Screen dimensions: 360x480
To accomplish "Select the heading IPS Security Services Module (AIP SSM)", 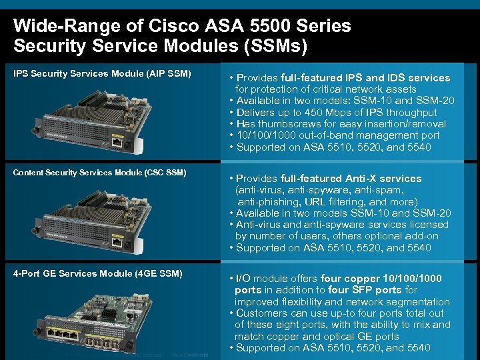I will tap(102, 73).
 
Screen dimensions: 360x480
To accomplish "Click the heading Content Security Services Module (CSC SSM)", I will tap(99, 173).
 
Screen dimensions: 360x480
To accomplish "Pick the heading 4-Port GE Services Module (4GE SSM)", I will tap(97, 273).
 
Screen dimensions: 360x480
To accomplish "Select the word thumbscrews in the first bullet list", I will tap(291, 124).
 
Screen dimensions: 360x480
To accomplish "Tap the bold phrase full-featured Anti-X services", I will tap(345, 179).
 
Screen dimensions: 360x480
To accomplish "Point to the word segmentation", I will tap(413, 301).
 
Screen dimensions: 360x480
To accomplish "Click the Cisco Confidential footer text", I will tap(189, 355).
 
